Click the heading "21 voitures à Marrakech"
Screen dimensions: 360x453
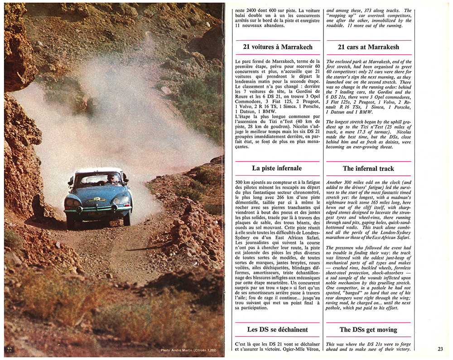tap(278, 47)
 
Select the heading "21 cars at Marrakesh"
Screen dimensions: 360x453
tap(368, 47)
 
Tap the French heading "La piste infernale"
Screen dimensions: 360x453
tap(277, 168)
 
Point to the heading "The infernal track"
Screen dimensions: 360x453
tap(368, 168)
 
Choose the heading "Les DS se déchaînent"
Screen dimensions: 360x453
tap(277, 330)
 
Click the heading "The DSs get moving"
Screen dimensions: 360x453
tap(368, 330)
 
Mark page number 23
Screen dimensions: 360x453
tap(441, 349)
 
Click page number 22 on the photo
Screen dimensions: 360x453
tap(10, 349)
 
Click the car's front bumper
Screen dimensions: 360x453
tap(97, 209)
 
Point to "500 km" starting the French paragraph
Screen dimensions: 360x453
tap(244, 182)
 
